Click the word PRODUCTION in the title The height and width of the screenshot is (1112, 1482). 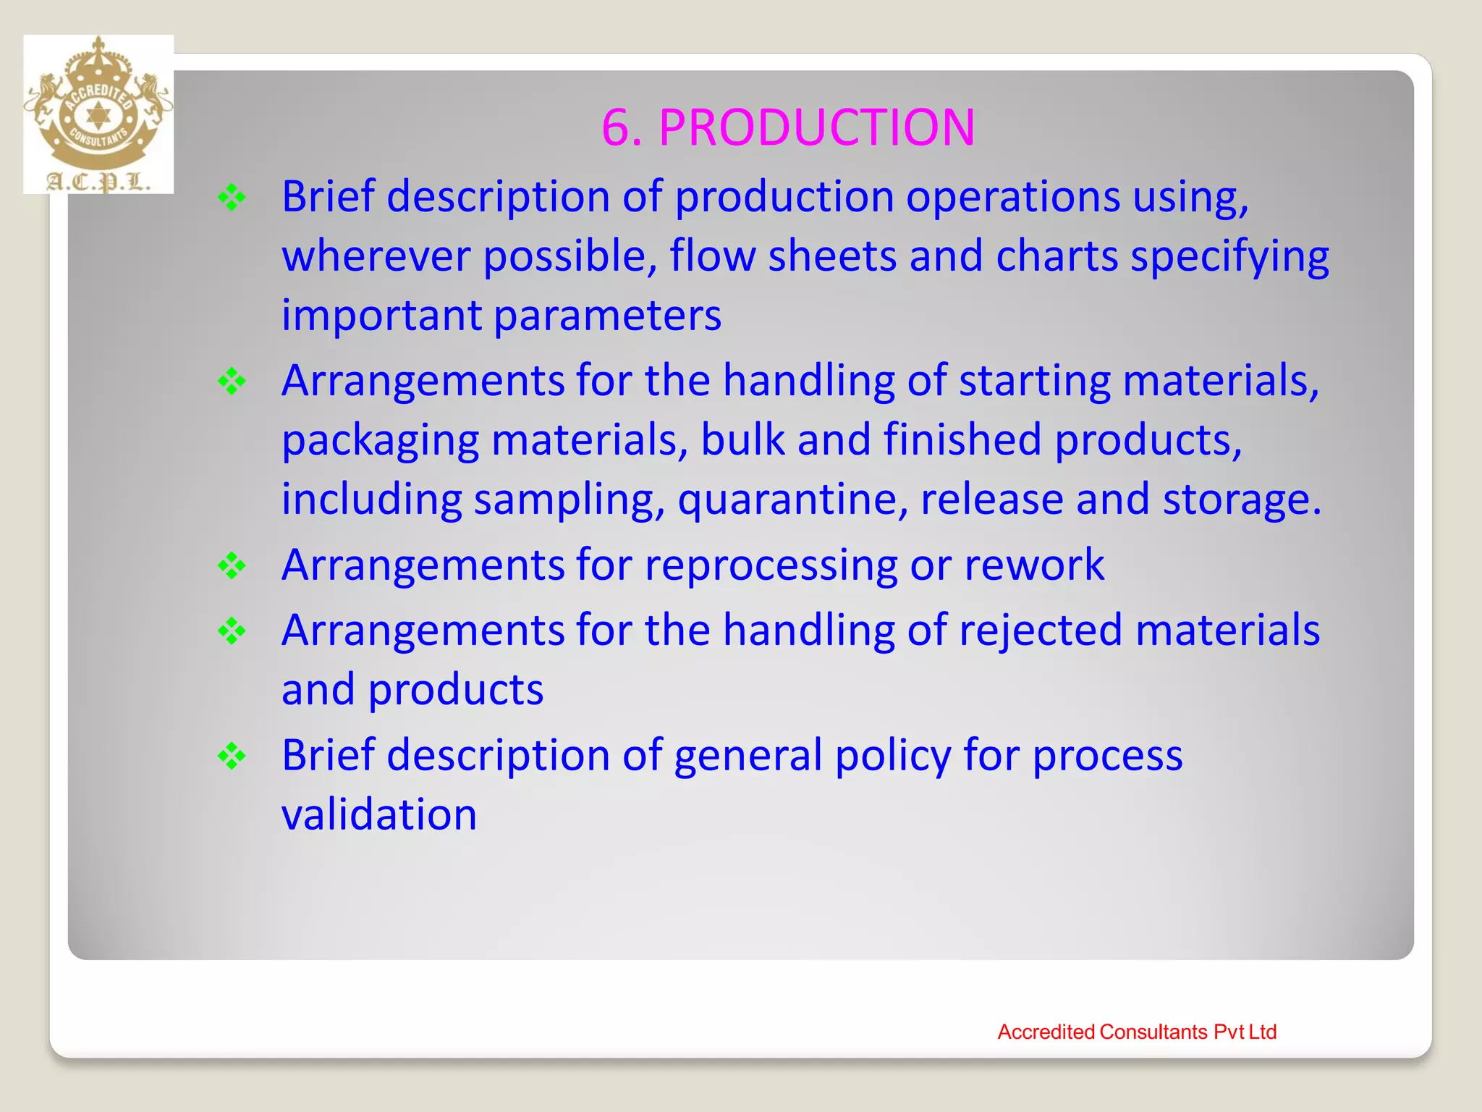816,128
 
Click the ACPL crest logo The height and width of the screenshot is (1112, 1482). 98,114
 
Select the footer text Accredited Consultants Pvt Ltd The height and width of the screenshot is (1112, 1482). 1136,1032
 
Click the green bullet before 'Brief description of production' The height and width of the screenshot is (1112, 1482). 232,198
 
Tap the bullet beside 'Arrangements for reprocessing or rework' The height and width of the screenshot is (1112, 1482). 232,566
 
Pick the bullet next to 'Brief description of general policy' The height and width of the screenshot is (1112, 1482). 232,757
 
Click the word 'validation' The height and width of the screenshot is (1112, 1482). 379,814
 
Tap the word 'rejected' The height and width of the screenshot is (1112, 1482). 1041,630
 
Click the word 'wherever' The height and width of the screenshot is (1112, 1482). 376,256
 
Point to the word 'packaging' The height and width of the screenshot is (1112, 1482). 380,441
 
